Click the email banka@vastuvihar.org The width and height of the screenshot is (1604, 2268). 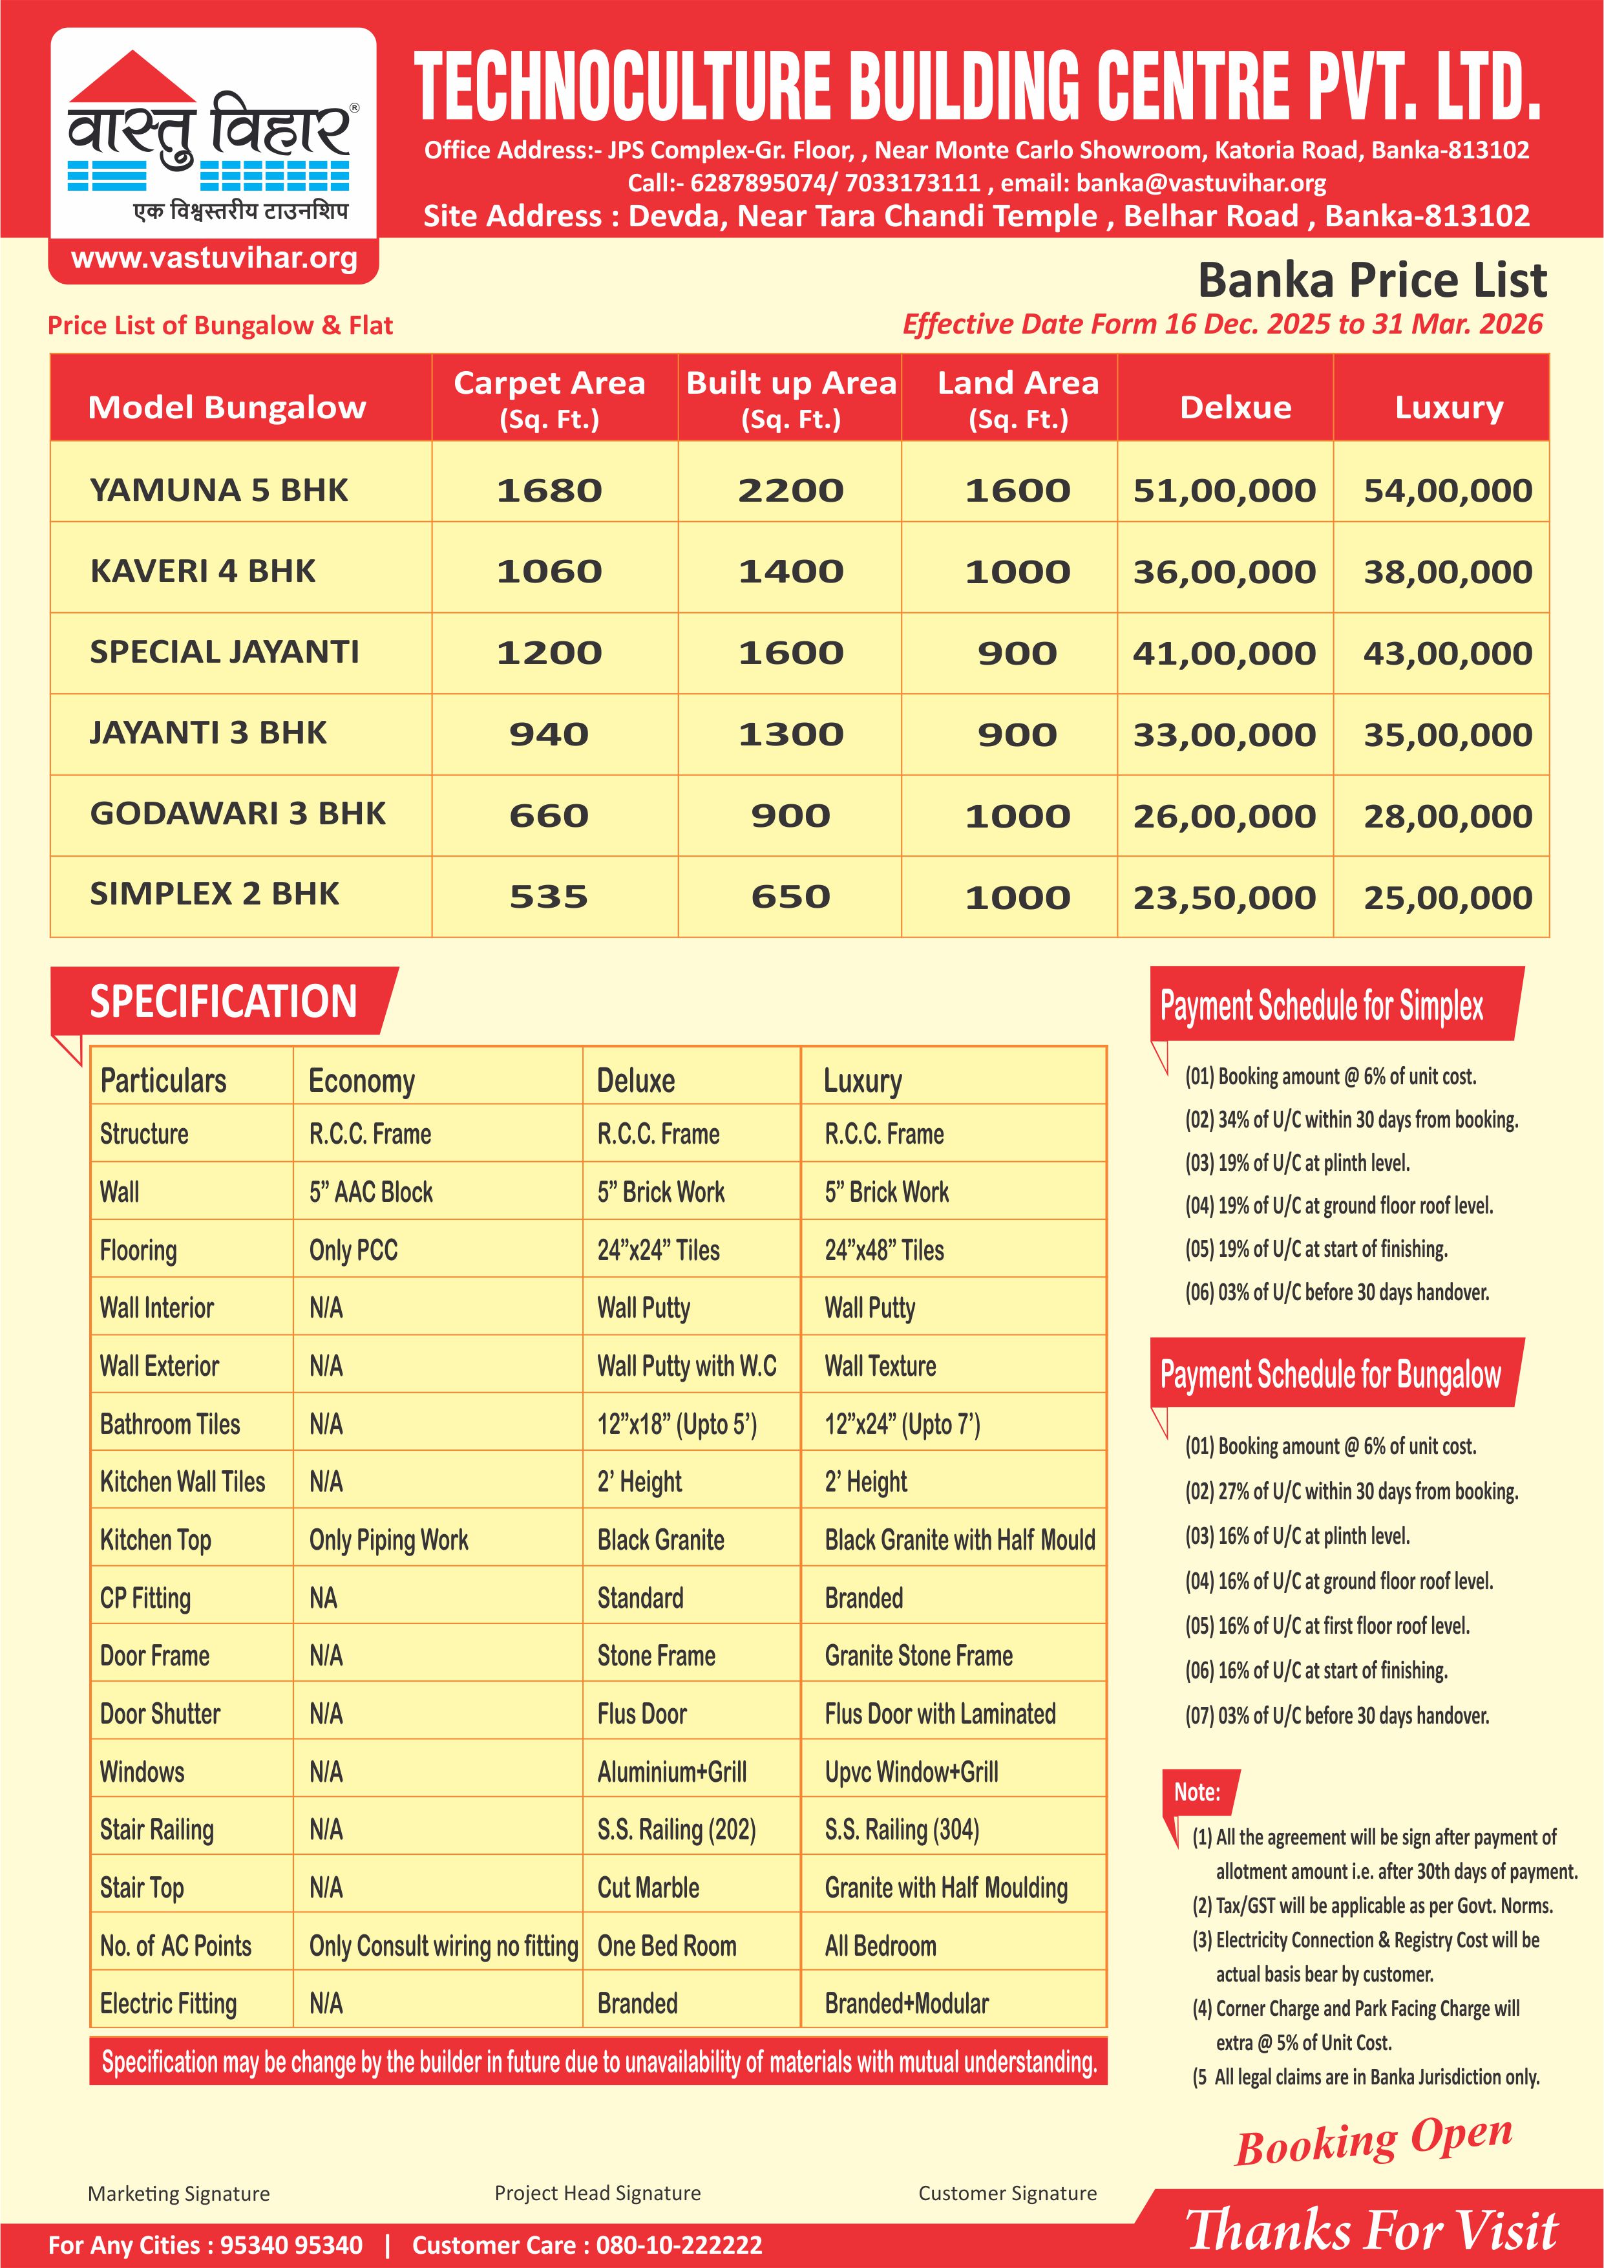pyautogui.click(x=1201, y=183)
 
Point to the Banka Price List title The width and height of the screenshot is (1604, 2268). pyautogui.click(x=1372, y=281)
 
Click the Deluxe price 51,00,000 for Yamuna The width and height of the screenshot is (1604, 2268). pyautogui.click(x=1224, y=490)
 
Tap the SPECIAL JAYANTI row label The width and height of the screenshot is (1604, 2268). pyautogui.click(x=224, y=652)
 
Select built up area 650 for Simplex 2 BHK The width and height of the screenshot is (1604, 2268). pyautogui.click(x=790, y=897)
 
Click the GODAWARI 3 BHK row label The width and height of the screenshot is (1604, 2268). pyautogui.click(x=237, y=814)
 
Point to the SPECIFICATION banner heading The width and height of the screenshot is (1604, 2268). pyautogui.click(x=223, y=1001)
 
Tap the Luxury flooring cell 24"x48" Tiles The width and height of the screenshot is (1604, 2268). pyautogui.click(x=884, y=1250)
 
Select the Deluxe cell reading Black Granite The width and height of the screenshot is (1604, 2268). pyautogui.click(x=660, y=1540)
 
